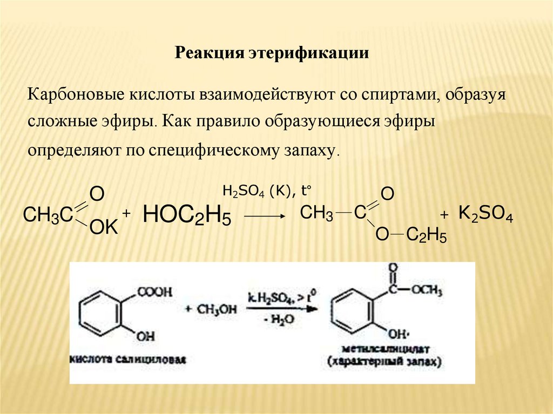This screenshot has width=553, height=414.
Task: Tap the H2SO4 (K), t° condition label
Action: [268, 191]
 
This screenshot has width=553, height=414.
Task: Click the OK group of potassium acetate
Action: [103, 229]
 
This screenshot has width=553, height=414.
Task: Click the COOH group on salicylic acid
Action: [156, 292]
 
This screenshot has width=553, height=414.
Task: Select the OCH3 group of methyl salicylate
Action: [427, 291]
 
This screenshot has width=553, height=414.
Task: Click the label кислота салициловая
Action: [128, 359]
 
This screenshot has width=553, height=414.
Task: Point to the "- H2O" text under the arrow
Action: [279, 320]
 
